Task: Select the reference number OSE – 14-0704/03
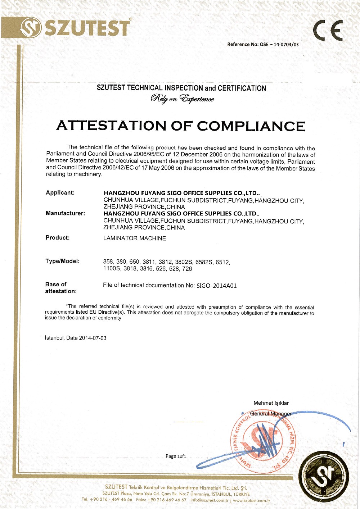[279, 45]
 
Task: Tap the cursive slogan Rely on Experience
[182, 99]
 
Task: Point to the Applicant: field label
[60, 193]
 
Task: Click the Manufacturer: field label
[65, 213]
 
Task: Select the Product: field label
[58, 238]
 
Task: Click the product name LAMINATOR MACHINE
[134, 238]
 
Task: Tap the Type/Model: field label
[62, 261]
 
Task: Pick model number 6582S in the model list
[204, 262]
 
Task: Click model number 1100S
[112, 269]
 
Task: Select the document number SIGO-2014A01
[216, 286]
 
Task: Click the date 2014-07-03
[93, 338]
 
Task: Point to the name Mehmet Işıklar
[271, 403]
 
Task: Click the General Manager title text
[271, 414]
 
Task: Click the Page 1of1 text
[176, 456]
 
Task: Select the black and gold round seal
[325, 476]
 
